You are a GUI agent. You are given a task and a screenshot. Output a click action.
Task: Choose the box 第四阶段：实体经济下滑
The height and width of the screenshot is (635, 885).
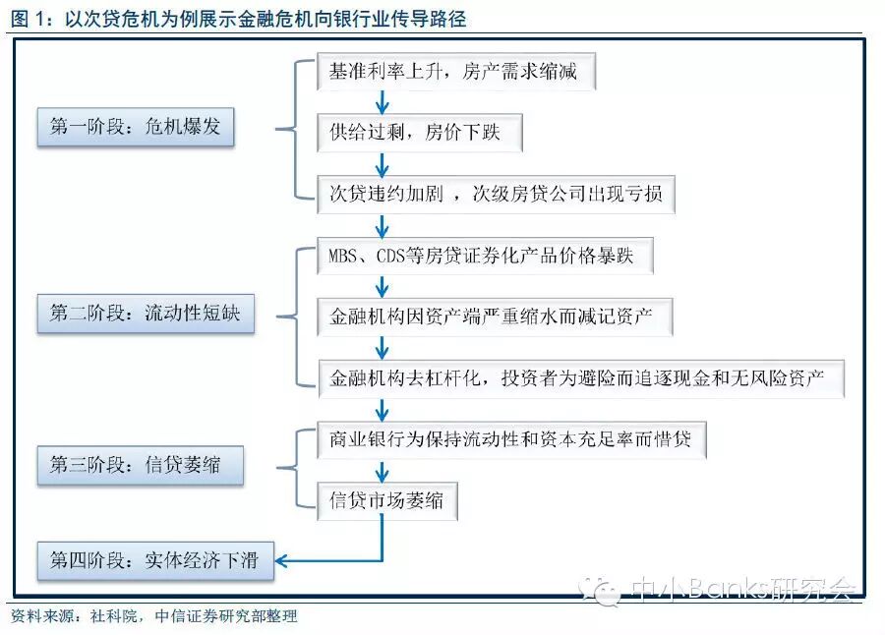pyautogui.click(x=153, y=560)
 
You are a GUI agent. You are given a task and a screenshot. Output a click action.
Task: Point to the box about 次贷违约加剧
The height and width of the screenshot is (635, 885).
pyautogui.click(x=496, y=193)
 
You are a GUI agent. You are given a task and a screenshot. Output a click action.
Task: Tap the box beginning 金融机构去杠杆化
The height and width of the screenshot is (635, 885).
pyautogui.click(x=581, y=378)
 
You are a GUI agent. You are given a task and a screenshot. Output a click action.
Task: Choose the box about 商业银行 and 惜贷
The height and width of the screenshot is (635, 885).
pyautogui.click(x=511, y=438)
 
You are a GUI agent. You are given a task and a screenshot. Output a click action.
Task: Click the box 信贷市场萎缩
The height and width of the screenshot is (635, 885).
pyautogui.click(x=386, y=499)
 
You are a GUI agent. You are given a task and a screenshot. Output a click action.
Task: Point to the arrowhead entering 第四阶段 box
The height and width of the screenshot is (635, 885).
pyautogui.click(x=281, y=560)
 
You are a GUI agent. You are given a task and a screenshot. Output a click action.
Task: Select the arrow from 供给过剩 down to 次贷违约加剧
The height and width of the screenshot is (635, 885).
pyautogui.click(x=383, y=162)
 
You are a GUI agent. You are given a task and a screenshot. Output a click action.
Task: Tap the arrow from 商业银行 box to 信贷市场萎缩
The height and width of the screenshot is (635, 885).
pyautogui.click(x=383, y=469)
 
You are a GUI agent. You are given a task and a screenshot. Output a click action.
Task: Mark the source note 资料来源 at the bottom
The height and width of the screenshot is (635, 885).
pyautogui.click(x=153, y=617)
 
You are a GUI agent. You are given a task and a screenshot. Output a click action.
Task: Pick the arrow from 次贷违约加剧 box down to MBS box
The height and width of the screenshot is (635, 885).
pyautogui.click(x=383, y=224)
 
